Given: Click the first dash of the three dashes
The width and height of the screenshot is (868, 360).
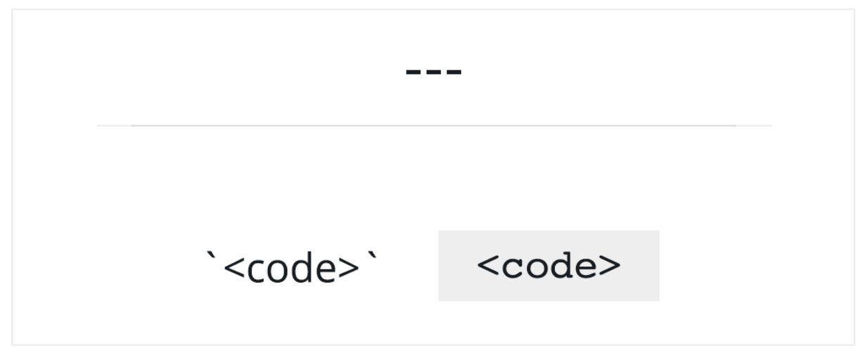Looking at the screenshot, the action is coord(413,72).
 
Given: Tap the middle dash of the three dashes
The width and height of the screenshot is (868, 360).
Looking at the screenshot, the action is coord(433,72).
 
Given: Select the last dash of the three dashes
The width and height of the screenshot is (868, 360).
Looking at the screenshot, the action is coord(454,72).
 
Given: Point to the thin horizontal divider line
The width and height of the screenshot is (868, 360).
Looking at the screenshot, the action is coord(434,126).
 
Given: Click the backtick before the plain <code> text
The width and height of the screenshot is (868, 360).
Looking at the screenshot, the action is coord(212,257).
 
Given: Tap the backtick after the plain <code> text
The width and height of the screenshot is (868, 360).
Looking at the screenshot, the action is coord(372,257).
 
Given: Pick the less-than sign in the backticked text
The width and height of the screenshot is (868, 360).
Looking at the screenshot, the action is coord(234,267).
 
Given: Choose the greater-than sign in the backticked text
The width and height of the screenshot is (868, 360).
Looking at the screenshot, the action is coord(349,267).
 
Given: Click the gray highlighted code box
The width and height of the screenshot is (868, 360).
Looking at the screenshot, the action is coord(549,266).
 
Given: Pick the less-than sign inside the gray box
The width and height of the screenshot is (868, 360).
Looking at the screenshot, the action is coord(488,265).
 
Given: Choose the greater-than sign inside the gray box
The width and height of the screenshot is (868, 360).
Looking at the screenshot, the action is coord(610,265).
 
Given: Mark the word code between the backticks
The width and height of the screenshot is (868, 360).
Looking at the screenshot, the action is coord(291,267).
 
